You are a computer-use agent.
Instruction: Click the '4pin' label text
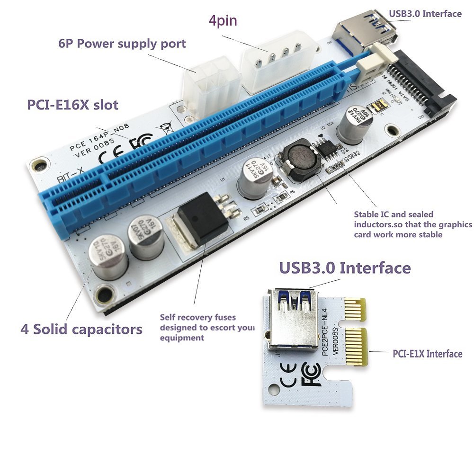(223, 21)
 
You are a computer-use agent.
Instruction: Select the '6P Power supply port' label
(122, 44)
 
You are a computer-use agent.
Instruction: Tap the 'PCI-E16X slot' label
(72, 104)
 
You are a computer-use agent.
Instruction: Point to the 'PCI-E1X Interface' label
(427, 353)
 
